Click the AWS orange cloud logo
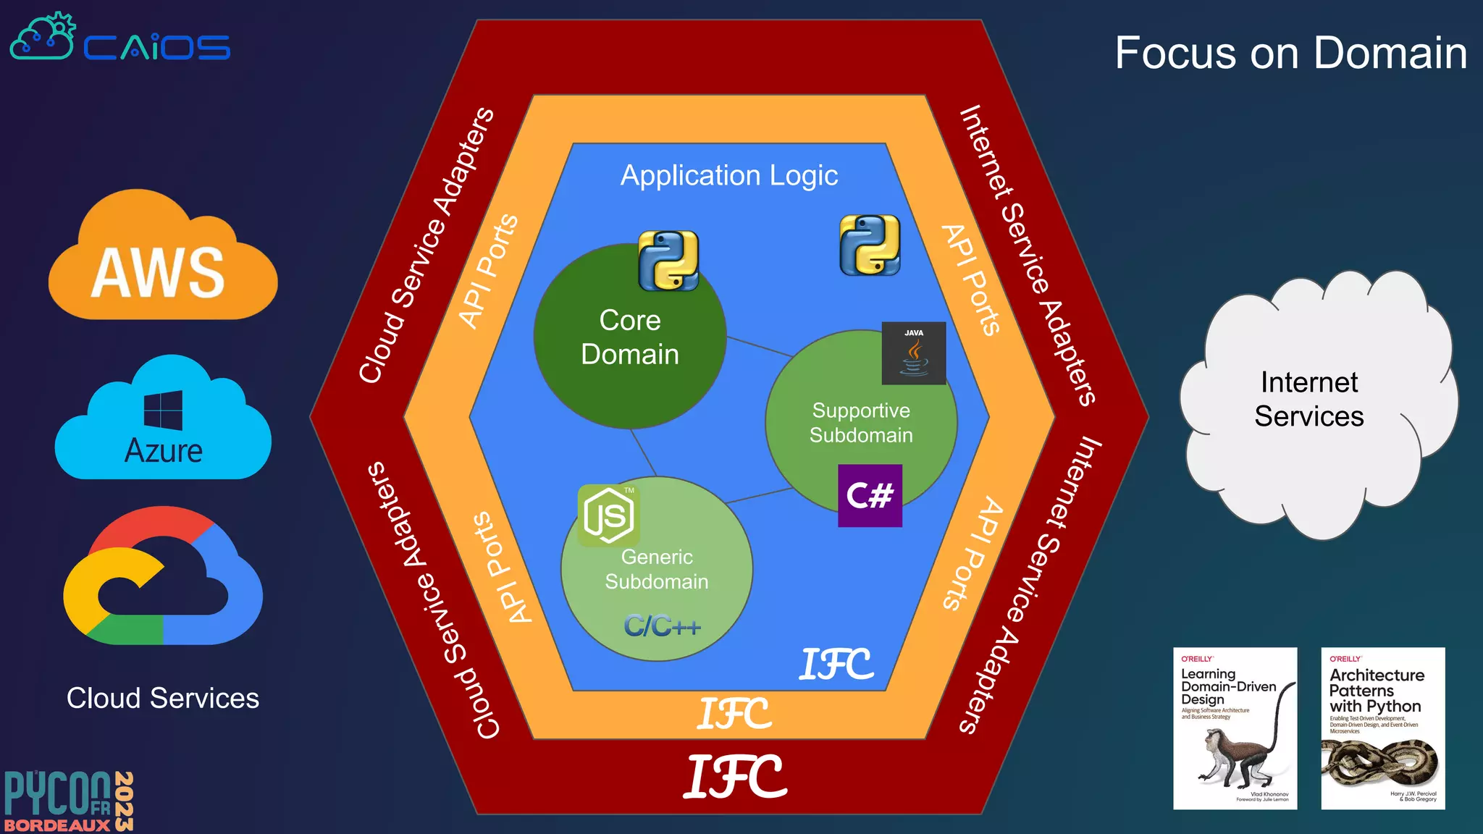(x=162, y=261)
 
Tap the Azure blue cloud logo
(x=163, y=424)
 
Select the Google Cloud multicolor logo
(x=163, y=579)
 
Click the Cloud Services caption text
(x=163, y=699)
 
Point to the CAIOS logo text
(x=156, y=48)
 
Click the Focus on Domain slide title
(x=1290, y=53)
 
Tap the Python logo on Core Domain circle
(x=668, y=261)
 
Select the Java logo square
(x=914, y=353)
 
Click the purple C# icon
(x=870, y=496)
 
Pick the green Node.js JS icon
(x=608, y=515)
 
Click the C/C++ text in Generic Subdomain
(x=663, y=626)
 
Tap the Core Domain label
(x=630, y=337)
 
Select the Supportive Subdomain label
(x=861, y=423)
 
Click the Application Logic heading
(x=729, y=176)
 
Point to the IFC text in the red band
(x=735, y=777)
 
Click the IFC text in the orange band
(x=734, y=715)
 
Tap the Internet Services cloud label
(x=1309, y=399)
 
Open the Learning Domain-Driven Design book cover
(x=1235, y=728)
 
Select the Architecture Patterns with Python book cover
(x=1383, y=728)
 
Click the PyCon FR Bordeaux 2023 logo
(x=69, y=801)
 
